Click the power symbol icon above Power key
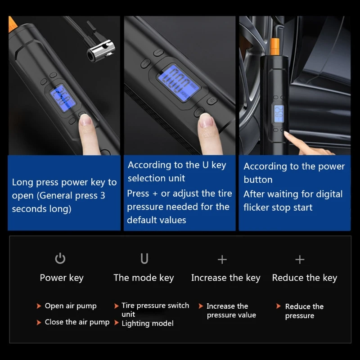60,258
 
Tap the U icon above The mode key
144,258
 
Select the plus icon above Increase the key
222,260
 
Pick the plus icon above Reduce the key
300,260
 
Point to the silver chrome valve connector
101,51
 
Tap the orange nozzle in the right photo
274,46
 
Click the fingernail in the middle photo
206,121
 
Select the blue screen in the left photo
63,98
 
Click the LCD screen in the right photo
279,114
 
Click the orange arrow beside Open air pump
39,306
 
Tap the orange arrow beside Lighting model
117,323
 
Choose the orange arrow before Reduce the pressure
279,306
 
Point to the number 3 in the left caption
103,196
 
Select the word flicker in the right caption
256,207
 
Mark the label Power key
62,278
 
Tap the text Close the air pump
77,322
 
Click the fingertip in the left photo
85,121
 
